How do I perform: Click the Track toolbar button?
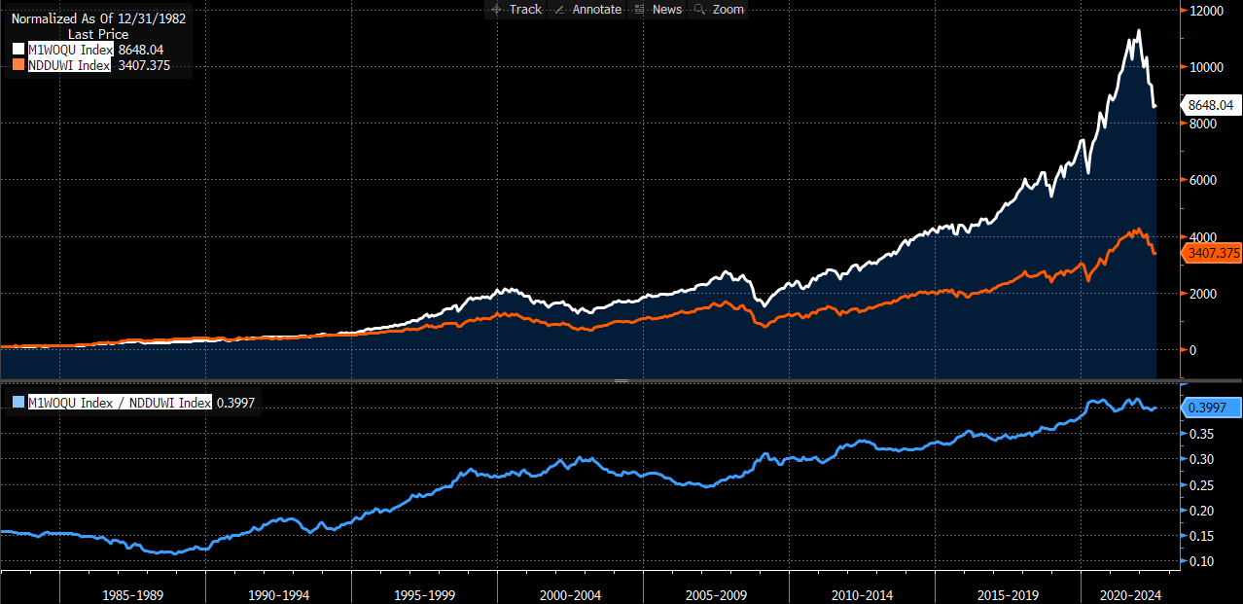516,9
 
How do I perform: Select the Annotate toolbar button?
586,9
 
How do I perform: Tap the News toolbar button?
658,9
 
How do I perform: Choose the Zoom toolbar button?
720,9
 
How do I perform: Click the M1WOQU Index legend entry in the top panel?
71,50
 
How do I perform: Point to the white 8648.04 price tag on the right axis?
1210,104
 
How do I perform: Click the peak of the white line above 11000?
1138,31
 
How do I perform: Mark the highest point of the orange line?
1136,230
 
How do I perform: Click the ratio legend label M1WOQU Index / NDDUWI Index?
119,403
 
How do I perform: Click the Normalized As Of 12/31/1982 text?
98,18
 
